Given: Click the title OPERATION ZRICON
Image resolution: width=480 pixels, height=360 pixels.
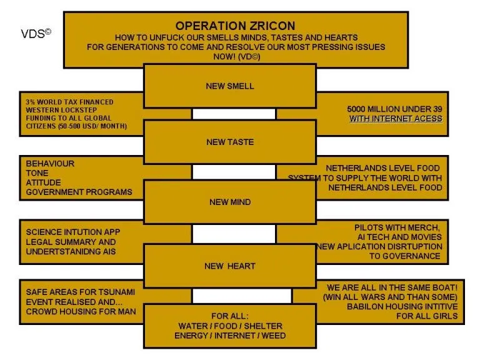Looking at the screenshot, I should coord(235,26).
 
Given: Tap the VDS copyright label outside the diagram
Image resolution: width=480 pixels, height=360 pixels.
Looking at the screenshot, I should coord(36,34).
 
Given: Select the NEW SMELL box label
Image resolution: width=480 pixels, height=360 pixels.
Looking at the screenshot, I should coord(230,86).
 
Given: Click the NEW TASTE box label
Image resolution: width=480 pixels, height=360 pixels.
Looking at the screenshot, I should coord(230,142).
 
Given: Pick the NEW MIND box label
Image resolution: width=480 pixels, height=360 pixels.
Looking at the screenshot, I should coord(230,202).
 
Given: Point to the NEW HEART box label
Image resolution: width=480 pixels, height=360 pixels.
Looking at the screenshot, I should coord(230,266).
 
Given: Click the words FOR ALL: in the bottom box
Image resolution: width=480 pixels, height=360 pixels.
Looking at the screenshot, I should coord(230,316).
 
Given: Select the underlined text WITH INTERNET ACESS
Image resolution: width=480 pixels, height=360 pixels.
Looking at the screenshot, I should coord(396,119).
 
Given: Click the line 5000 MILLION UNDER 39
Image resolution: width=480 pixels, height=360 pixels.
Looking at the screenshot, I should coord(394,109).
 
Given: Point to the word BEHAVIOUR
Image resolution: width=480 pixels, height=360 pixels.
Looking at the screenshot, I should coord(50,164).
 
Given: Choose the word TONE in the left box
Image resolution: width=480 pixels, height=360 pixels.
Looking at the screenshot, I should coord(37,173).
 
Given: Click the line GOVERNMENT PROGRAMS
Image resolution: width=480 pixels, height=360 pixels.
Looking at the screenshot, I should coord(79,192).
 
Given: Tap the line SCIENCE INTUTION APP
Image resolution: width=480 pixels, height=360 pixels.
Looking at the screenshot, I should coord(73,232).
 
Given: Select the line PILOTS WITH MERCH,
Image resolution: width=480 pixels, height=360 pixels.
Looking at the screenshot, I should coord(398,227).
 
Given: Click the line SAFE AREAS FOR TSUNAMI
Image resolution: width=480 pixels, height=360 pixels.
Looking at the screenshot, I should coord(80,292).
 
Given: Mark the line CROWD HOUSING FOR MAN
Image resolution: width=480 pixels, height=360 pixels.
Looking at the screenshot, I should coord(81,311).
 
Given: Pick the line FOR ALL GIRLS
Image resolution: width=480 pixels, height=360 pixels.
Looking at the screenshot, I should coord(427,316).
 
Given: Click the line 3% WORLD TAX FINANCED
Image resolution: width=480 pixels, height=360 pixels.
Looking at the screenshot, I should coord(69,101).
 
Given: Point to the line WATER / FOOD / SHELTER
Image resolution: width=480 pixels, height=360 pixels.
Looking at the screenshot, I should coord(230,326).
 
